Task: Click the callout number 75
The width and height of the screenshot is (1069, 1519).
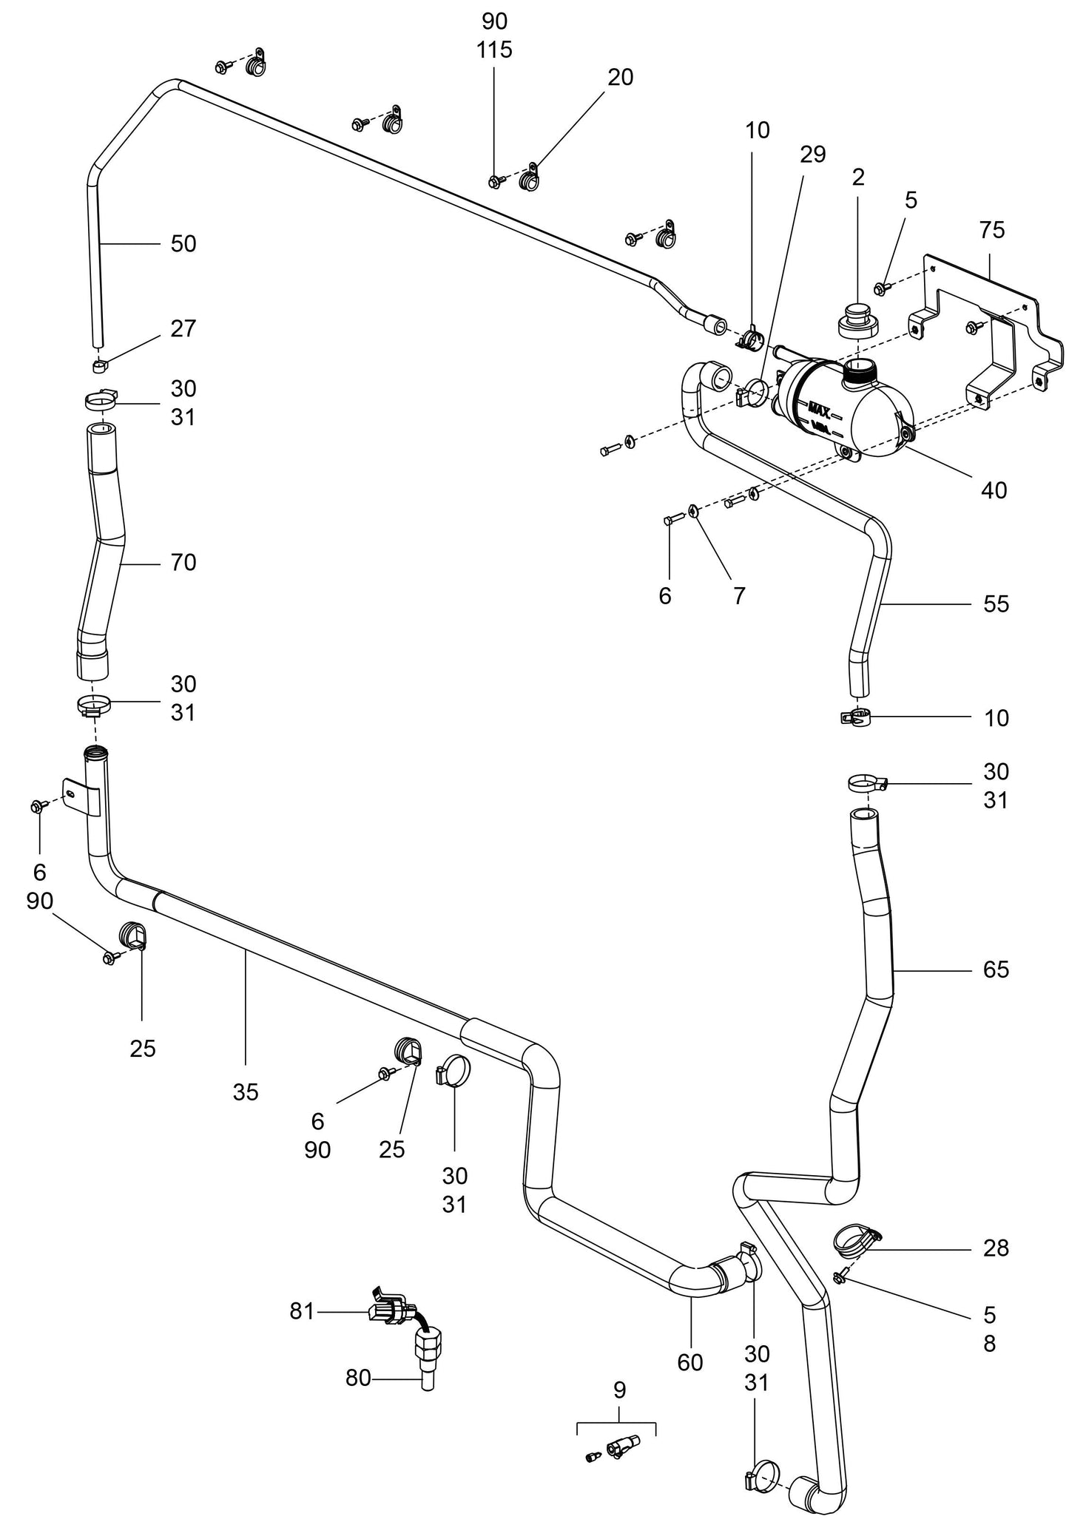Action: (x=991, y=230)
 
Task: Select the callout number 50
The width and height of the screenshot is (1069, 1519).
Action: (x=183, y=243)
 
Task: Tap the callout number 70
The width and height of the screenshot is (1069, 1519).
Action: (x=183, y=563)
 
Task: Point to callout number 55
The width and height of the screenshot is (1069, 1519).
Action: (x=996, y=604)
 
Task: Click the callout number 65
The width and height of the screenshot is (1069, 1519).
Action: (x=996, y=970)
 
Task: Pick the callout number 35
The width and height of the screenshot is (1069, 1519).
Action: (x=245, y=1092)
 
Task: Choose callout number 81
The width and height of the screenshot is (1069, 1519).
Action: (x=301, y=1311)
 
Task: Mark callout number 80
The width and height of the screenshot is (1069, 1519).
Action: (x=358, y=1378)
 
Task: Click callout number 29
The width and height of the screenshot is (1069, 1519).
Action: (x=812, y=154)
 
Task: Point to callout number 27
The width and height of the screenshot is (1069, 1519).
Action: (x=183, y=328)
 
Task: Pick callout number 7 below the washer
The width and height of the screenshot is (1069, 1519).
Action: (x=739, y=595)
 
